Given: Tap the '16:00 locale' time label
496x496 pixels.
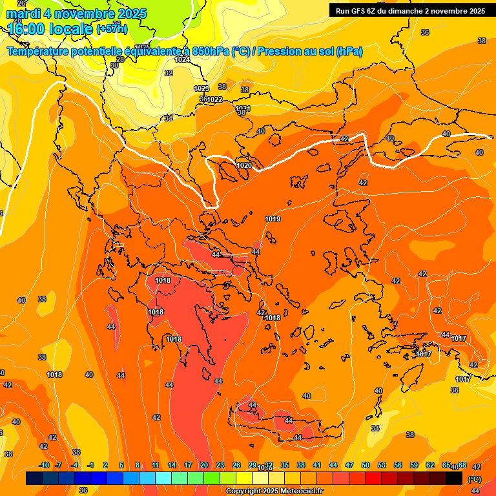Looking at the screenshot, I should (50, 29).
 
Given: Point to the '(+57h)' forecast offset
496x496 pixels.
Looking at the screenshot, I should (112, 29).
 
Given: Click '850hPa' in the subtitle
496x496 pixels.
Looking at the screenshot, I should (206, 52).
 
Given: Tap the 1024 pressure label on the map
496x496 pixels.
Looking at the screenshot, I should (182, 59).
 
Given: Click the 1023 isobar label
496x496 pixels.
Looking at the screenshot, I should (201, 88).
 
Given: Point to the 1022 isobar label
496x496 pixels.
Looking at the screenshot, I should (214, 99).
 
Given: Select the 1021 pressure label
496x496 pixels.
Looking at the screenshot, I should (243, 108).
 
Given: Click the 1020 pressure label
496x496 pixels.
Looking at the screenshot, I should (244, 166).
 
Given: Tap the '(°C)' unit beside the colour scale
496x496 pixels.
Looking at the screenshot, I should (475, 479).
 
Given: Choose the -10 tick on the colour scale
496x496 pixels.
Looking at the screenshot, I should (44, 465).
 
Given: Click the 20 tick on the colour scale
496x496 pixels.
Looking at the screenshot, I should (204, 465).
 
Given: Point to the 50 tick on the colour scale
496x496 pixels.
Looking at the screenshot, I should (366, 465).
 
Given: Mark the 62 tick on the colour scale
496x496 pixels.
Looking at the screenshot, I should (430, 465).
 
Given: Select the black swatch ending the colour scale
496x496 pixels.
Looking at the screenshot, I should (454, 478).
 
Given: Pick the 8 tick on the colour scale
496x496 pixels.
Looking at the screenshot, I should (138, 465).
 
